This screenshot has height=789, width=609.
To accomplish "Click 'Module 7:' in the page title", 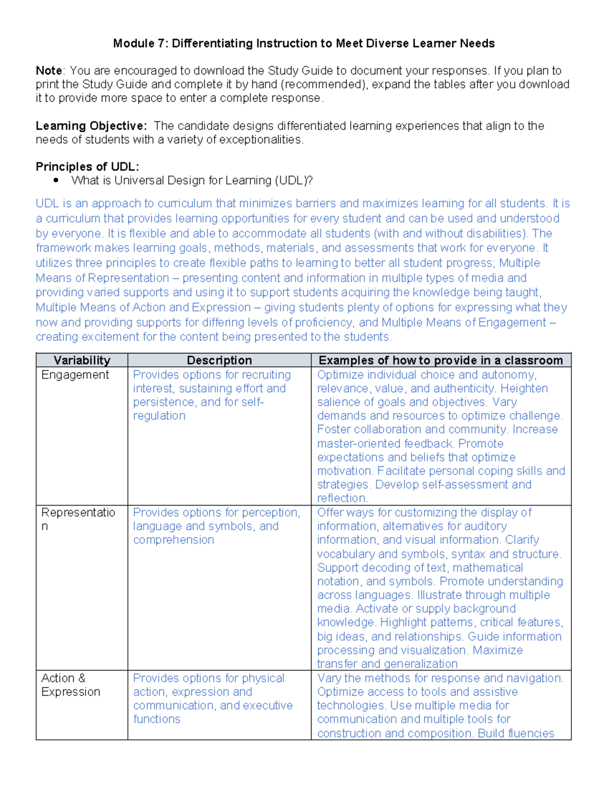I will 140,44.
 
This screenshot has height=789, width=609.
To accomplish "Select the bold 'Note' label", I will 49,71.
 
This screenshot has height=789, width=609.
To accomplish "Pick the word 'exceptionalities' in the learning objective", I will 260,140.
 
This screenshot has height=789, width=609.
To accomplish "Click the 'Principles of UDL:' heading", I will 87,167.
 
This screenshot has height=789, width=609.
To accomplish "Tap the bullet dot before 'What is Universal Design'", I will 56,180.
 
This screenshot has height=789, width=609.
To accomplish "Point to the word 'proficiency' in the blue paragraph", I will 321,323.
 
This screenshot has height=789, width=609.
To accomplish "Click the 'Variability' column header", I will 82,360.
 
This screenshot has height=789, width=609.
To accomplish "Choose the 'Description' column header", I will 219,360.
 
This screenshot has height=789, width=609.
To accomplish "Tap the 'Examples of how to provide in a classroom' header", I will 441,360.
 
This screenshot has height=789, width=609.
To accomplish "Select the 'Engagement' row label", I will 75,375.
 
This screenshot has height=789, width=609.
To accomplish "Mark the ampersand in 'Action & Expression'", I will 82,678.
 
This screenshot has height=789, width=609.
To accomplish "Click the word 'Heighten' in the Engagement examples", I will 524,389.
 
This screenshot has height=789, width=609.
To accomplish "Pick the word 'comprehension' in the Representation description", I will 174,540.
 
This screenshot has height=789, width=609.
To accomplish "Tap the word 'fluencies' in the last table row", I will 531,734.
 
